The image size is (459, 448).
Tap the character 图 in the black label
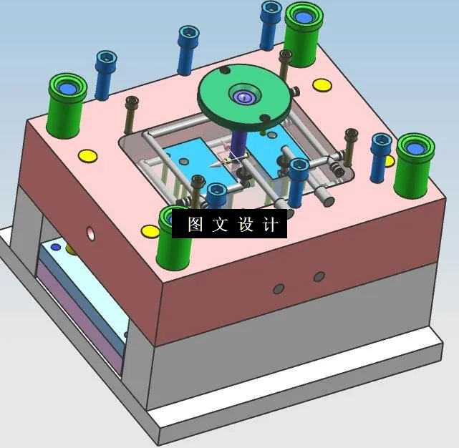(195, 224)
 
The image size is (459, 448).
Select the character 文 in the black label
(220, 224)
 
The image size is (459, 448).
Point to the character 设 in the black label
(246, 224)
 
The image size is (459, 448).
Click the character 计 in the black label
(271, 224)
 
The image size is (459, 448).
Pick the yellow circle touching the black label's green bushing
(150, 231)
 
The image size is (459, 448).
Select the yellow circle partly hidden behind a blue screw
(390, 162)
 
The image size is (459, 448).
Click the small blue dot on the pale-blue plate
(56, 248)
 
